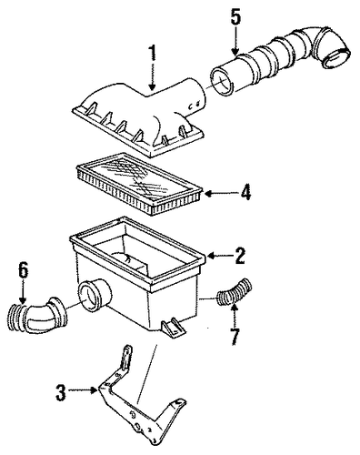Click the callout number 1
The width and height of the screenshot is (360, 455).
[153, 54]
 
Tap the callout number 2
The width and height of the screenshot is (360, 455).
[239, 256]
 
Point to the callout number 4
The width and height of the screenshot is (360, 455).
[245, 193]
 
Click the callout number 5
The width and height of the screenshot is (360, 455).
[235, 16]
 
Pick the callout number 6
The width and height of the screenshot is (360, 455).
[23, 270]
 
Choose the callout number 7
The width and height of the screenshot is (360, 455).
[235, 337]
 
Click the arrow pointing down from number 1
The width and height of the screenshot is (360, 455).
[153, 76]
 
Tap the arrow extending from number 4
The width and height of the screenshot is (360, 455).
[219, 193]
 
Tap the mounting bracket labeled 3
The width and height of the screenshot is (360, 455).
[142, 400]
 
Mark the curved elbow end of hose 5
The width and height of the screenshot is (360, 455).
[331, 46]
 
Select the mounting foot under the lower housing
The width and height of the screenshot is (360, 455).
[172, 329]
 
